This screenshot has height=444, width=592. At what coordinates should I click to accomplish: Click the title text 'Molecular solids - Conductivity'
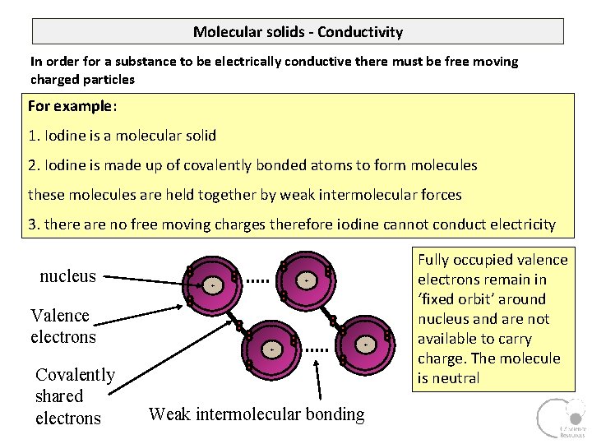(x=298, y=32)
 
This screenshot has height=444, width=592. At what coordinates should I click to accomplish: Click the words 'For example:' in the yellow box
(x=72, y=106)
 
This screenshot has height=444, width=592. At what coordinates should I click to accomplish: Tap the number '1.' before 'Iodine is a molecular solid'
(x=34, y=135)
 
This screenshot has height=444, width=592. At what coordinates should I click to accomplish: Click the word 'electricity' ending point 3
(x=517, y=224)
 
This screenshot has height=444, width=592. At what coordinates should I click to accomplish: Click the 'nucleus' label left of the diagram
(x=67, y=276)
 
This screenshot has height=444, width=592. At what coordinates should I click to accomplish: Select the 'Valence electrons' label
(x=63, y=326)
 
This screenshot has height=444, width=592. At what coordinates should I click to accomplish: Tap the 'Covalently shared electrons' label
(x=75, y=396)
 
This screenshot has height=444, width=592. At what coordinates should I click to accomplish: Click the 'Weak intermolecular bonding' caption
(x=257, y=414)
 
